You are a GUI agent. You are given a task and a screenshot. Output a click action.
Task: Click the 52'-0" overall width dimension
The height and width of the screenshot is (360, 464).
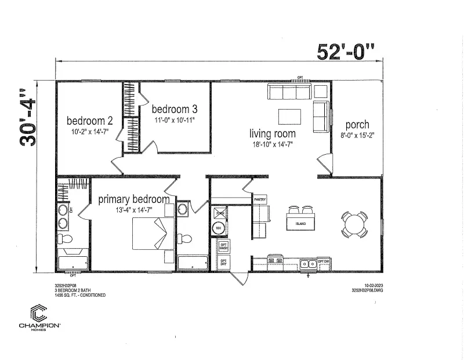click(x=347, y=51)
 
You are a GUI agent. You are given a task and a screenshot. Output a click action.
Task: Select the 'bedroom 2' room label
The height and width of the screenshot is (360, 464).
click(x=89, y=121)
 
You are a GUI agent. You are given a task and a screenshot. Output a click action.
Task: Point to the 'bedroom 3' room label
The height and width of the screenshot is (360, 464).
click(x=175, y=109)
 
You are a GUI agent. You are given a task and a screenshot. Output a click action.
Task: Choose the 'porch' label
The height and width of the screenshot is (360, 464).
click(x=357, y=125)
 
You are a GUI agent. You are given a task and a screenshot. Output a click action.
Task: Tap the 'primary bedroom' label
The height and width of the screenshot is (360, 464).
click(x=134, y=199)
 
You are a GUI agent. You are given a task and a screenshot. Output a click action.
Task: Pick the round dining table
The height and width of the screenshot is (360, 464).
click(x=354, y=223)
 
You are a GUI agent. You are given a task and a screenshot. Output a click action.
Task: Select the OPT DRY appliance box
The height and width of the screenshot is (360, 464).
click(x=223, y=263)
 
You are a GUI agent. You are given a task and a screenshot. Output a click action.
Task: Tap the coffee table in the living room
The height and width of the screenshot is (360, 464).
click(x=290, y=117)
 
